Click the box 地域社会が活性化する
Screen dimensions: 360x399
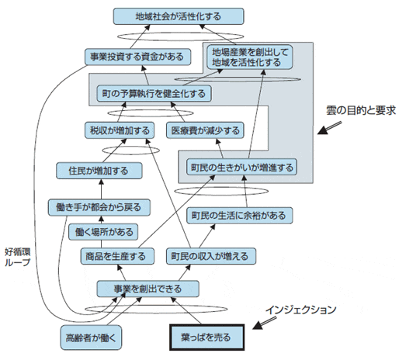pos(178,16)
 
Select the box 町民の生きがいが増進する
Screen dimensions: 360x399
pos(242,167)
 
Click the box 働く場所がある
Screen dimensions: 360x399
pos(104,231)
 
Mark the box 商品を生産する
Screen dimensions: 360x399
pos(113,256)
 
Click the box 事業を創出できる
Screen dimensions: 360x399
pos(148,289)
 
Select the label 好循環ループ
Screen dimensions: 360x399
pos(17,257)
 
